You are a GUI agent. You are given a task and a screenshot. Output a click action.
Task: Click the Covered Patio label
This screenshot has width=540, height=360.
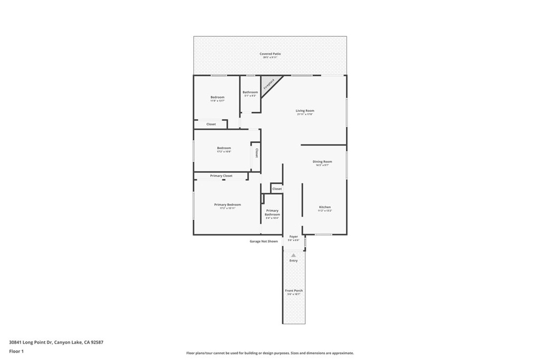click(x=270, y=54)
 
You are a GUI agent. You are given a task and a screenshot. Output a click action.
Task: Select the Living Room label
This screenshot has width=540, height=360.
click(x=305, y=111)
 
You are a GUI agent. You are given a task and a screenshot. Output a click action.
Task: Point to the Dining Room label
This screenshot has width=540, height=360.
click(x=322, y=162)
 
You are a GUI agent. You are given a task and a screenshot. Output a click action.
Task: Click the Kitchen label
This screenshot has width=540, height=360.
click(x=324, y=207)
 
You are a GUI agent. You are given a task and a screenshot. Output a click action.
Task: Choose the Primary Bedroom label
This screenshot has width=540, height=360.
click(x=227, y=205)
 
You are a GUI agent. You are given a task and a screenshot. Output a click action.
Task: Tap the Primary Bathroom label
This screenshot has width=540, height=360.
click(x=272, y=212)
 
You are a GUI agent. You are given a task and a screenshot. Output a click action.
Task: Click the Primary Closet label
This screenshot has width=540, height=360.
click(x=221, y=176)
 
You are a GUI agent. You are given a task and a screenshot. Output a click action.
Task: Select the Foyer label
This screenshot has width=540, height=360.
click(x=294, y=237)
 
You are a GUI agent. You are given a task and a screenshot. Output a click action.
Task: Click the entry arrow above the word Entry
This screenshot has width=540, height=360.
click(x=294, y=255)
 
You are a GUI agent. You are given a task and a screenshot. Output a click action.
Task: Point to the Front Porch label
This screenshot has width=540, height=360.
click(x=294, y=291)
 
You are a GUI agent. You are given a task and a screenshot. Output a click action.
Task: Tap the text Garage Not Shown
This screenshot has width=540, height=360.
click(x=264, y=241)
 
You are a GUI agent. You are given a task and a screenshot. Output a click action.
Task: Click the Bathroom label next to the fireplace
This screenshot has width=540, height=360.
click(x=250, y=92)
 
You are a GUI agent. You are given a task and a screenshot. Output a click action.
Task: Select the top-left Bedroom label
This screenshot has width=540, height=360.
click(x=217, y=97)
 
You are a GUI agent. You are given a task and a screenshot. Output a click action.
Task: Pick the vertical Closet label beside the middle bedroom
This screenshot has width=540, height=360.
click(x=256, y=153)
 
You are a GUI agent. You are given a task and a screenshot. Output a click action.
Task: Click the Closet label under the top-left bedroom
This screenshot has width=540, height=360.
click(x=211, y=124)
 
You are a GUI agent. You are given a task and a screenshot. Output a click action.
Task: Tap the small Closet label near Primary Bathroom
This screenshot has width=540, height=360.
click(x=277, y=189)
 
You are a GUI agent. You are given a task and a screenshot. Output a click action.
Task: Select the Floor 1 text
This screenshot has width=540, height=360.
click(x=16, y=351)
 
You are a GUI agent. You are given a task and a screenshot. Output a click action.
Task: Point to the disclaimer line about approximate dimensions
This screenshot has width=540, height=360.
click(x=269, y=353)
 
